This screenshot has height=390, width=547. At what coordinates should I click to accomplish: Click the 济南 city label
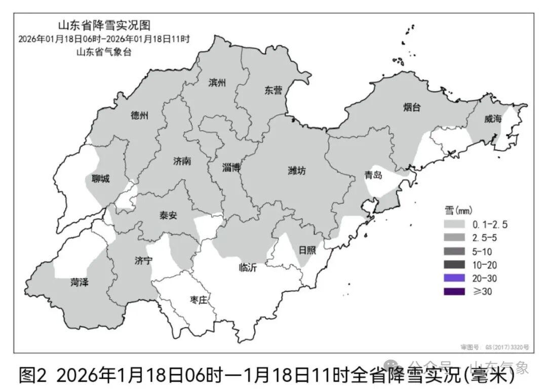pos(182,161)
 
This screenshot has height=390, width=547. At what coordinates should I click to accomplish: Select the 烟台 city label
pos(412,107)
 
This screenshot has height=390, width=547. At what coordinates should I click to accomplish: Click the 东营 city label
pos(273,91)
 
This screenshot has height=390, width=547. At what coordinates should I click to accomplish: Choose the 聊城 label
pos(100,179)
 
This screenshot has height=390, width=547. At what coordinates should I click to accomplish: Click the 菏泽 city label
pos(80,283)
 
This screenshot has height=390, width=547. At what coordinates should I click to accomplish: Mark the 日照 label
pos(306,250)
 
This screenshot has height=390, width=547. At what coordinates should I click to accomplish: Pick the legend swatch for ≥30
pos(456,291)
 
